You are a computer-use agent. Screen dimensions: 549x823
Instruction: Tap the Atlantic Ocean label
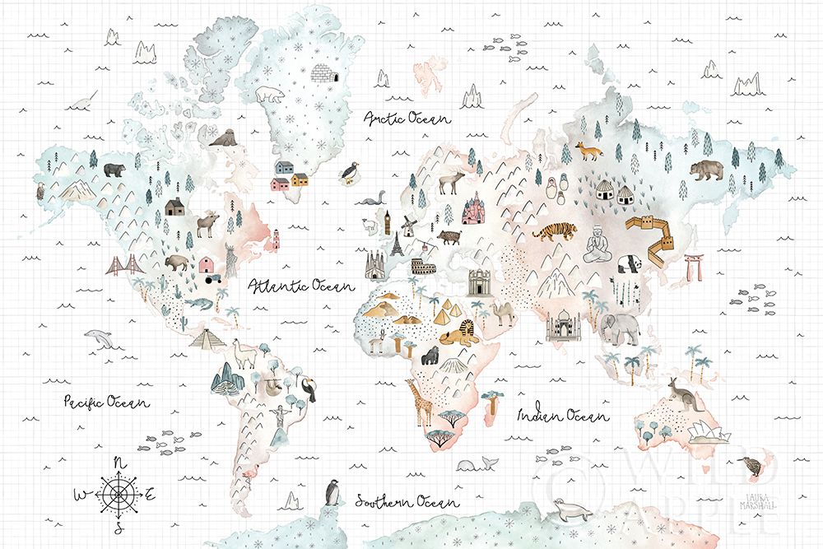click(x=300, y=286)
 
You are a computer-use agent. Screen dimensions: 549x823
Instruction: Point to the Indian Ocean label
click(x=563, y=416)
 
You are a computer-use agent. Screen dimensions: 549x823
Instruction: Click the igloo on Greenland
click(x=323, y=75)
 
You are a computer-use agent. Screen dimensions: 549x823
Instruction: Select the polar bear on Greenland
click(x=269, y=95)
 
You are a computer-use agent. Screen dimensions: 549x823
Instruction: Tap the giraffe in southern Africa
click(x=423, y=401)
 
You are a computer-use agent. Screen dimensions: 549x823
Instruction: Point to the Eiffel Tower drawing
click(x=398, y=244)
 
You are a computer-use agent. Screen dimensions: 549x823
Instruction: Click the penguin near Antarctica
click(x=332, y=492)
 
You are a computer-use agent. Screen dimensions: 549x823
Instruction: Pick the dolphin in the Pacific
click(x=99, y=337)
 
